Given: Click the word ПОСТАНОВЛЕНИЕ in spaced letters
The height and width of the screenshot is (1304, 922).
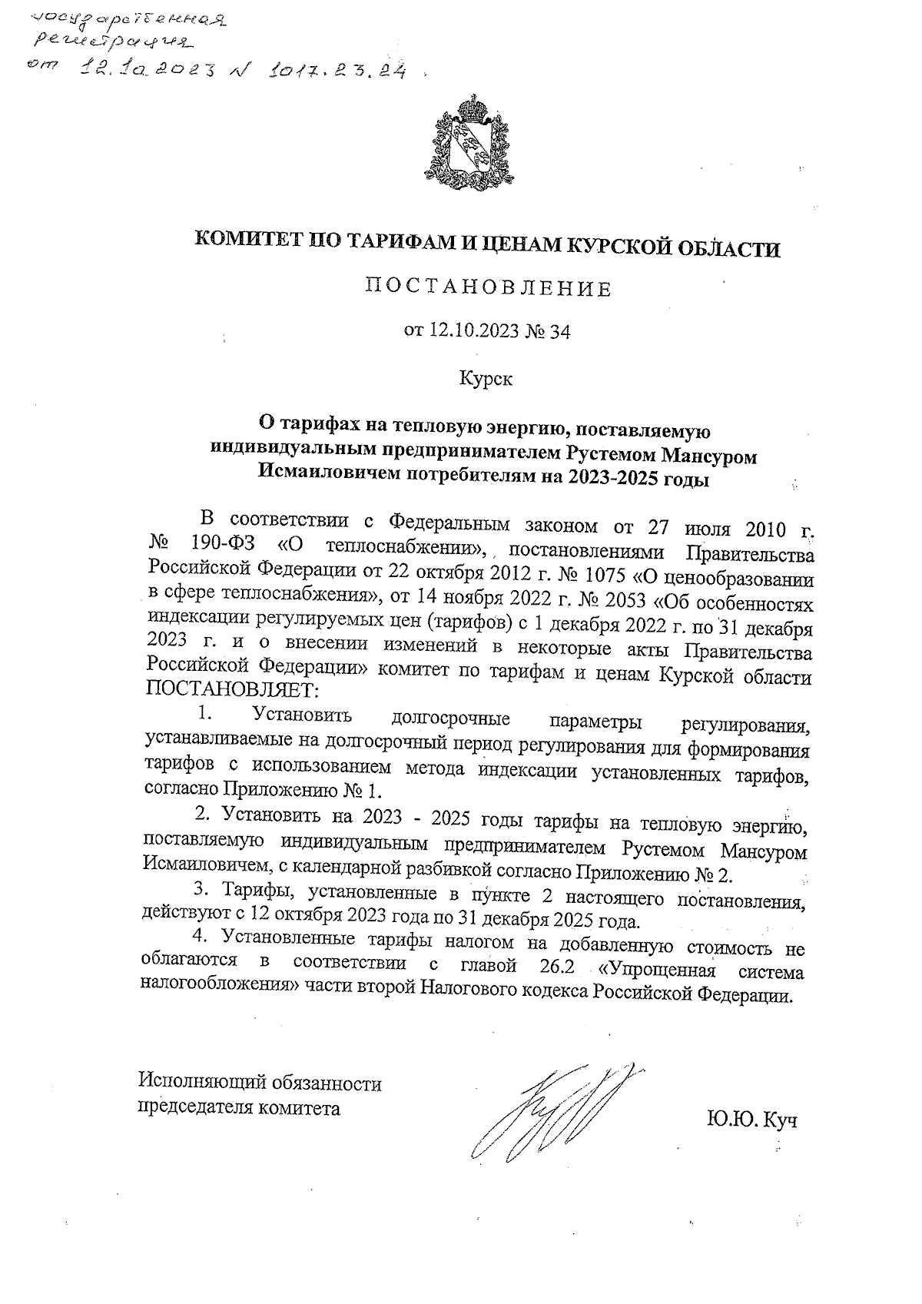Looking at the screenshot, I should click(488, 290).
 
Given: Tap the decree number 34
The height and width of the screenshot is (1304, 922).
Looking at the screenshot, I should click(560, 332).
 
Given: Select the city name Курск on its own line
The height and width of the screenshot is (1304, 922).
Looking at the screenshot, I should click(486, 379).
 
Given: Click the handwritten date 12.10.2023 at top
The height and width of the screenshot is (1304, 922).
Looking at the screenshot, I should click(148, 71).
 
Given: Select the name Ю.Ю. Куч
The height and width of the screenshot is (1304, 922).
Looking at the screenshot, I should click(751, 1120).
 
